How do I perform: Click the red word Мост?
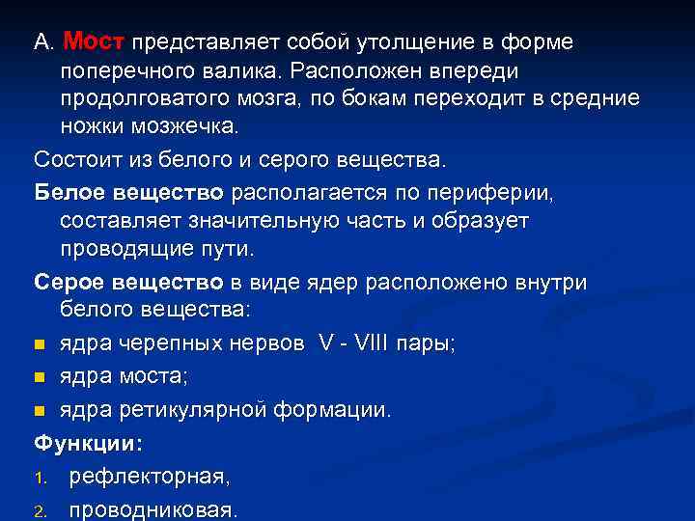[94, 42]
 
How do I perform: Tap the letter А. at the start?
[43, 43]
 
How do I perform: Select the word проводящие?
[120, 249]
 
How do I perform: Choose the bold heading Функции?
[88, 444]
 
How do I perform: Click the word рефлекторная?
[149, 477]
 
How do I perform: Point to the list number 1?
[41, 478]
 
